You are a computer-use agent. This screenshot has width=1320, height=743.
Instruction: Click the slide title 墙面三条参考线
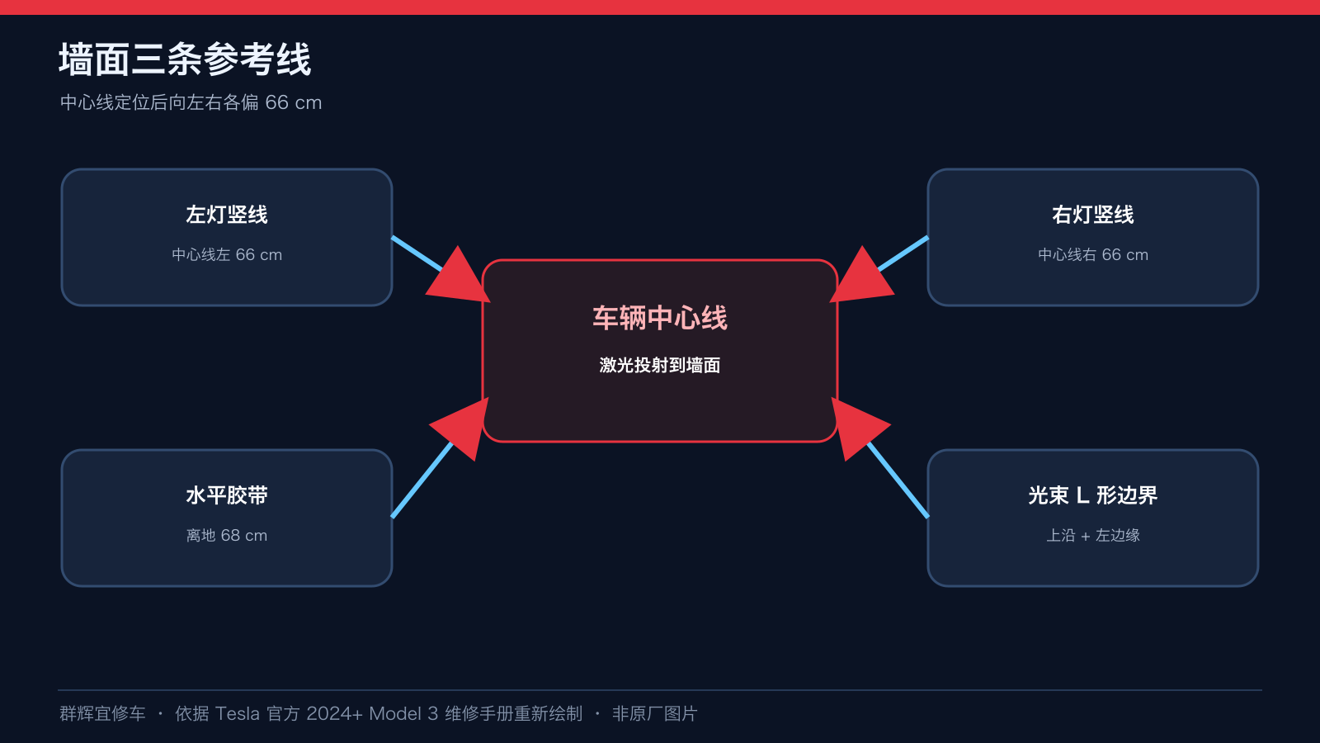click(x=185, y=59)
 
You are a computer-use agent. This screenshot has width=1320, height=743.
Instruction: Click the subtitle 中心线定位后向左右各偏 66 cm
click(x=191, y=102)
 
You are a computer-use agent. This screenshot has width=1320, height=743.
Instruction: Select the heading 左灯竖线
click(x=227, y=215)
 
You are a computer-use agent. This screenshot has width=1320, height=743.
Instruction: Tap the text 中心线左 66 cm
click(x=227, y=255)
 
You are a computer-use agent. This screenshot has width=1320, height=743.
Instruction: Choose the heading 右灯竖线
click(x=1093, y=215)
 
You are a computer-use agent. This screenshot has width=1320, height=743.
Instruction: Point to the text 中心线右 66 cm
click(x=1093, y=255)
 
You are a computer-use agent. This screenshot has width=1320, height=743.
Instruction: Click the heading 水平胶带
click(x=227, y=495)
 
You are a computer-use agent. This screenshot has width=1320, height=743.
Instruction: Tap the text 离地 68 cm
click(x=227, y=536)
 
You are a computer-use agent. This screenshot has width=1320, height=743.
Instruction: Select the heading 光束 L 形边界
click(x=1093, y=495)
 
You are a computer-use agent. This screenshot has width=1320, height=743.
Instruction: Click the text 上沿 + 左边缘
click(x=1093, y=536)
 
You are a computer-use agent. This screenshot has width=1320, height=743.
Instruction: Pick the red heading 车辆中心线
click(x=660, y=319)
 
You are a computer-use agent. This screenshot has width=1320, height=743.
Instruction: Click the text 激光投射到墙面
click(x=660, y=366)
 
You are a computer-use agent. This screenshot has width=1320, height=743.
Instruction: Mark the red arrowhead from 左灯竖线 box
click(x=460, y=278)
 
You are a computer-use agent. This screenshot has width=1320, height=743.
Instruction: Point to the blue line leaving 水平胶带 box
click(x=422, y=480)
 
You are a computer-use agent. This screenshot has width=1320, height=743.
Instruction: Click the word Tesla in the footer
click(x=237, y=714)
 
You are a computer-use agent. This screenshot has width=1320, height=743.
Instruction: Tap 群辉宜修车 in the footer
click(x=102, y=714)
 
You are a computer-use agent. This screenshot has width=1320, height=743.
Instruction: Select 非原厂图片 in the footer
click(x=655, y=714)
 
